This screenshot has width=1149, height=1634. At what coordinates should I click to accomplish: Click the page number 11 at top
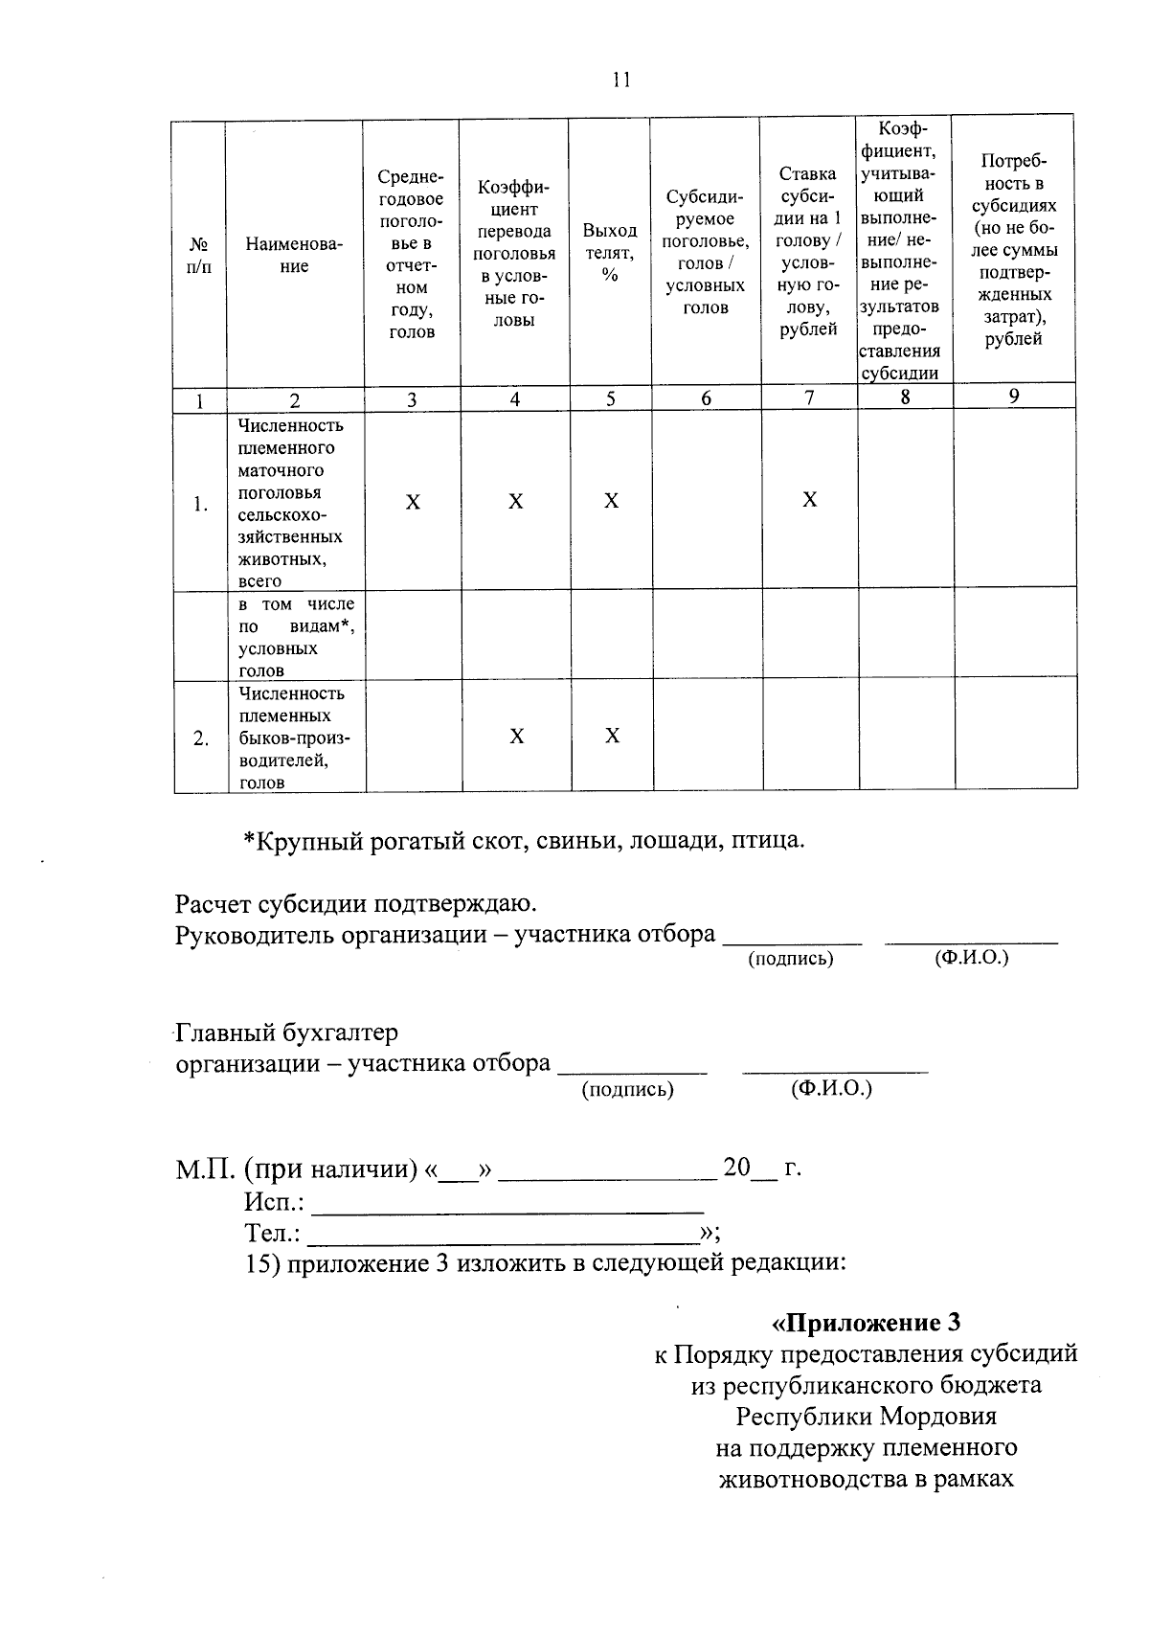point(621,80)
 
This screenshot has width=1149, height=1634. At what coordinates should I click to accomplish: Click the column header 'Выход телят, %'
point(610,253)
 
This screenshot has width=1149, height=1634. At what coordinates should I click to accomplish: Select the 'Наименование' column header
point(294,255)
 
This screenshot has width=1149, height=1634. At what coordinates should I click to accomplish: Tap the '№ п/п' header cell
point(199,255)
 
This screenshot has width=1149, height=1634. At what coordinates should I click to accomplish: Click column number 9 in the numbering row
point(1014,396)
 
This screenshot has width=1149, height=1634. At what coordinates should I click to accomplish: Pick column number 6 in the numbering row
point(706,398)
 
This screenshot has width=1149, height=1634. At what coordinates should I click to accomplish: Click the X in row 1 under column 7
point(809,499)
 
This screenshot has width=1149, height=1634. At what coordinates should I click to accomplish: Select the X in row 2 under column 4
point(516,736)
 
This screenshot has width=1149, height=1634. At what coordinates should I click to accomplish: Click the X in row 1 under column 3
point(412,502)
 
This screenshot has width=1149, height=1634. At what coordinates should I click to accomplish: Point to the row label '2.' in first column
point(200,738)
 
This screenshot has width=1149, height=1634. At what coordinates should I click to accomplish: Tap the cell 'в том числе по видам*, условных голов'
point(296,637)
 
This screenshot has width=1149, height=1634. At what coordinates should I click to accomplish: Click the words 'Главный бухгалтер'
point(286,1033)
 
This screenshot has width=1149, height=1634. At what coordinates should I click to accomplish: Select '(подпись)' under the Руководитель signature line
point(790,958)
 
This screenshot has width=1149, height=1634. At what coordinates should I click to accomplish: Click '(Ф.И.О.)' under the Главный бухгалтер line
point(831,1089)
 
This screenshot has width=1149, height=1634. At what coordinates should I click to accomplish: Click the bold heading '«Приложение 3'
point(866,1323)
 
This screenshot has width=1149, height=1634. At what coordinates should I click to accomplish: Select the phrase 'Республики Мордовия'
point(866,1416)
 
